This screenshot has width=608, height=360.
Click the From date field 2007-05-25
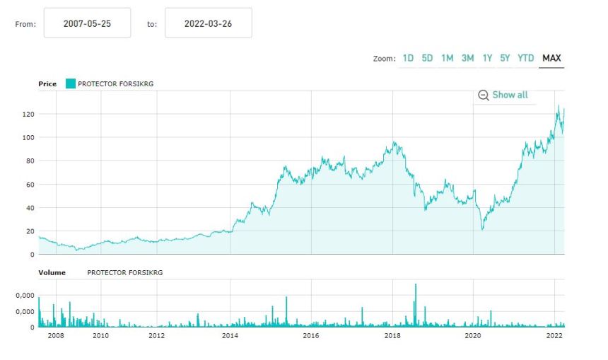(x=87, y=23)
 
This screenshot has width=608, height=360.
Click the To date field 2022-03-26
(x=208, y=23)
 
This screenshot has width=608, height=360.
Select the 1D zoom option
(x=408, y=58)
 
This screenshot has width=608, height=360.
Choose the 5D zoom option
(x=427, y=58)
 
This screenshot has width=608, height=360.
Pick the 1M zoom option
(x=447, y=58)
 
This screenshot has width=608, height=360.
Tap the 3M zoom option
(x=467, y=58)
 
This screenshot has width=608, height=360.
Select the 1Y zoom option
(x=487, y=58)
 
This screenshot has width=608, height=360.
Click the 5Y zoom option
(x=505, y=58)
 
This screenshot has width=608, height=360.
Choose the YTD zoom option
(x=525, y=58)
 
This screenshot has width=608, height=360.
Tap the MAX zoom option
(x=551, y=58)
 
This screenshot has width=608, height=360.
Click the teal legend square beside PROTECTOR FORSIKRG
(x=70, y=83)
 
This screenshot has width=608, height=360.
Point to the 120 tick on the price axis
(x=28, y=114)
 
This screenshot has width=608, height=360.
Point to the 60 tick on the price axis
(x=30, y=185)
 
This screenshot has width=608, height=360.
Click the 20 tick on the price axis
(x=30, y=231)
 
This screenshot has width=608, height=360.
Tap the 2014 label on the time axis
(x=230, y=335)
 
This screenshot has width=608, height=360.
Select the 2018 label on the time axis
(x=392, y=335)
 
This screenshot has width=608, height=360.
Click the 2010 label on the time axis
(x=101, y=335)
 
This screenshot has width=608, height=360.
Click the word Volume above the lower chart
(x=52, y=272)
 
